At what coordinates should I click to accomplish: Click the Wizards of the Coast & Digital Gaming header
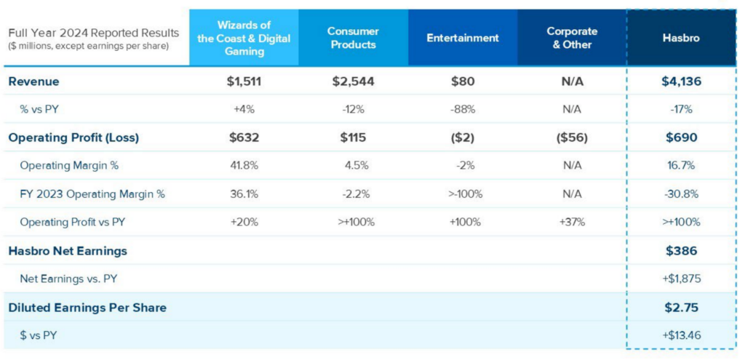point(244,38)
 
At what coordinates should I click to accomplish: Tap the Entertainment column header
point(463,38)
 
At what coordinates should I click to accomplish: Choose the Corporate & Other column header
point(572,38)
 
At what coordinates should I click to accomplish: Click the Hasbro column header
point(682,38)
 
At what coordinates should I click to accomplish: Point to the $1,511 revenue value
point(244,81)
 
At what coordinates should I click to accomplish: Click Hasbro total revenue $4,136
point(682,81)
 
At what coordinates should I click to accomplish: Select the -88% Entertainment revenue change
point(463,110)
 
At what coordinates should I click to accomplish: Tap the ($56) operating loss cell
point(572,137)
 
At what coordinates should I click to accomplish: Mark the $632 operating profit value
point(244,137)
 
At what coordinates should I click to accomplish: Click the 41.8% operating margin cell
point(244,166)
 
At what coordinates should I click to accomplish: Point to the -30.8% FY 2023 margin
point(682,194)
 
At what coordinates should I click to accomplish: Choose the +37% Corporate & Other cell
point(572,222)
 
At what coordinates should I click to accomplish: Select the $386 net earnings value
point(682,251)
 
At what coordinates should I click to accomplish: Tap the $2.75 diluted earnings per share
point(682,308)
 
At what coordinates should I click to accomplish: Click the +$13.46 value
point(682,335)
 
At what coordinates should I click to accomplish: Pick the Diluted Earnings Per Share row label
point(87,308)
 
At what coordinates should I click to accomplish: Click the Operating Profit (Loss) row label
point(73,137)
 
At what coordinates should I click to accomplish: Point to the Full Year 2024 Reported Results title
point(93,33)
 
